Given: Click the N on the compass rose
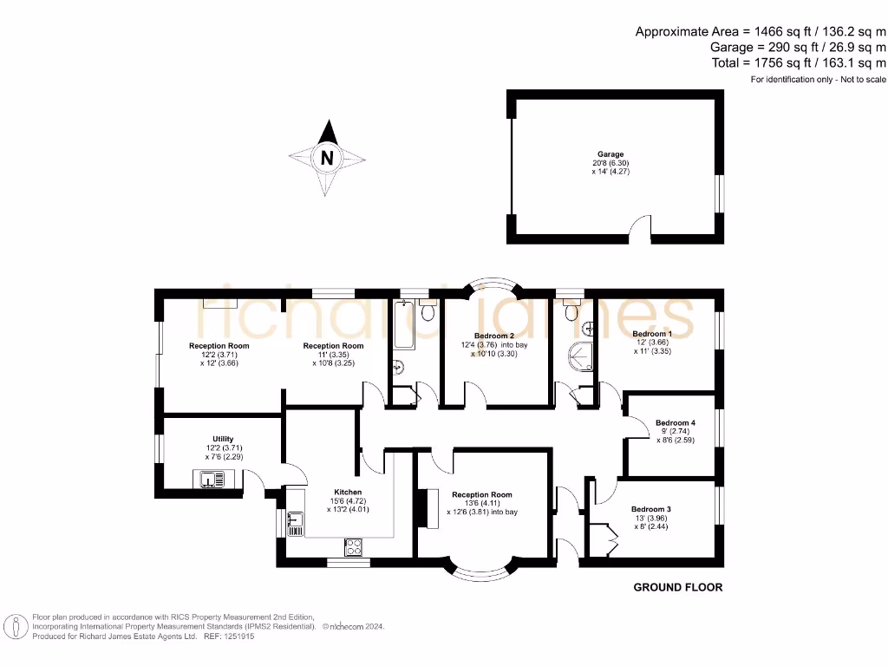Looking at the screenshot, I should pyautogui.click(x=327, y=159).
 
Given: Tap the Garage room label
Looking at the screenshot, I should pyautogui.click(x=610, y=154).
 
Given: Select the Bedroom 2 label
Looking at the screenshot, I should pyautogui.click(x=494, y=336).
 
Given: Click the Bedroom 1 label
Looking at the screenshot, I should pyautogui.click(x=651, y=334).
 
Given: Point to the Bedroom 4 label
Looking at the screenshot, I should pyautogui.click(x=675, y=423).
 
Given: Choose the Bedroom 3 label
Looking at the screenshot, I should pyautogui.click(x=651, y=509).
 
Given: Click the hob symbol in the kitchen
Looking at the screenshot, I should pyautogui.click(x=355, y=547).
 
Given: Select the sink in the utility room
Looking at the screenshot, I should pyautogui.click(x=211, y=478).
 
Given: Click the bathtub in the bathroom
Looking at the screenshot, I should pyautogui.click(x=403, y=325).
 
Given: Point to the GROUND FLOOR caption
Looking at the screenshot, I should pyautogui.click(x=677, y=587).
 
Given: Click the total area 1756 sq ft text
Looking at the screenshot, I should pyautogui.click(x=800, y=63).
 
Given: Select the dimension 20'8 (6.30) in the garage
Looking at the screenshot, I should pyautogui.click(x=610, y=163).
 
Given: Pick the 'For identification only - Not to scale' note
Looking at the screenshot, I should pyautogui.click(x=818, y=80).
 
